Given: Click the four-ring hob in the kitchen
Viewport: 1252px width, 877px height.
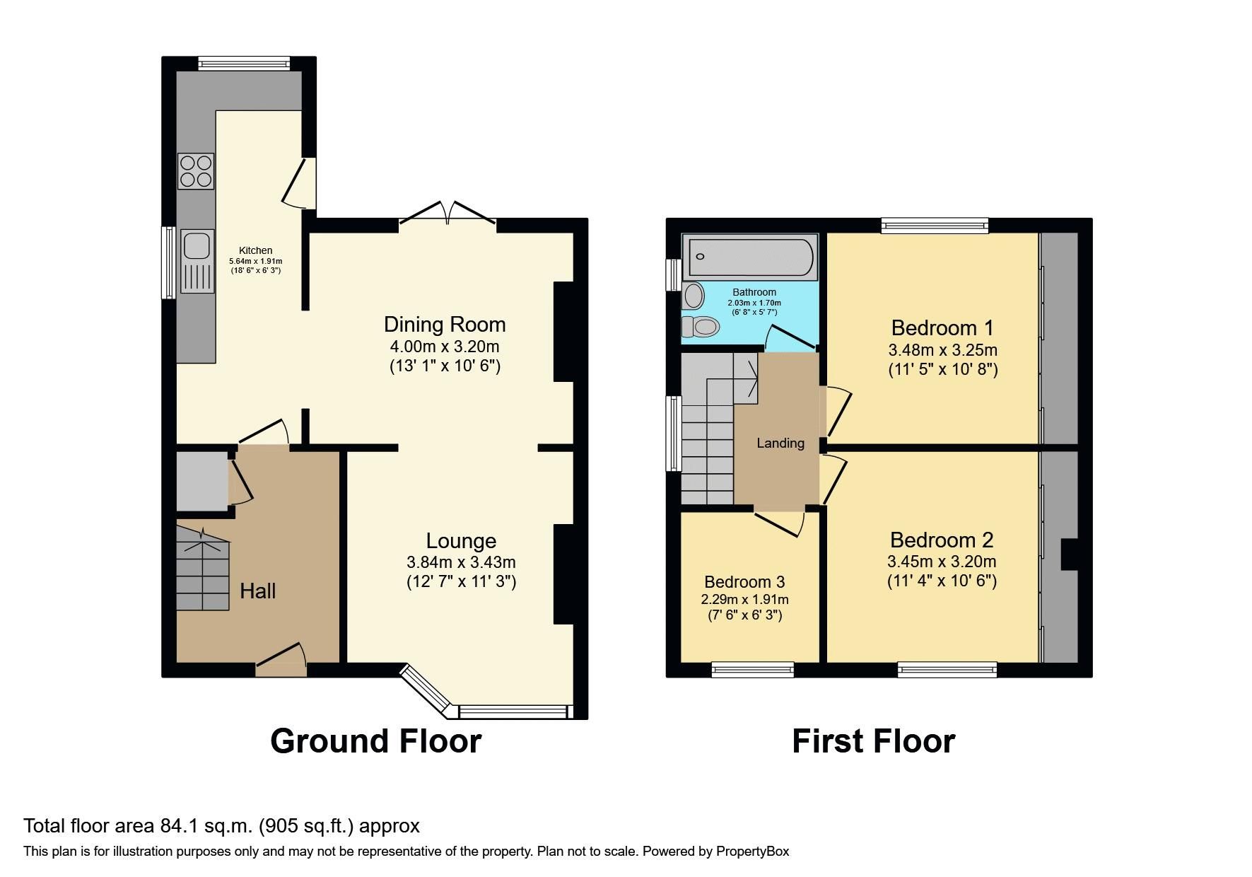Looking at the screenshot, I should coord(196,171).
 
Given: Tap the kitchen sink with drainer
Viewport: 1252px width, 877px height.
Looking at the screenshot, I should coord(197,261).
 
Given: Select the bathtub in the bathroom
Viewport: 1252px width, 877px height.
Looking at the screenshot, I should coord(750,257).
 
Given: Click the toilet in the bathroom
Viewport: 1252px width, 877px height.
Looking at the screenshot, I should coord(701,327).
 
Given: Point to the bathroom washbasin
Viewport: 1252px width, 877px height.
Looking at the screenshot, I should coord(694,296).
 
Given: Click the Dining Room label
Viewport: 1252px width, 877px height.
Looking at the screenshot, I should coord(445,325).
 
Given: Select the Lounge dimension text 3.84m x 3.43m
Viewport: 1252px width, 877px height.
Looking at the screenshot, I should coord(461,563).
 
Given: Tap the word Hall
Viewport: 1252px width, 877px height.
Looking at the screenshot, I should coord(257,591).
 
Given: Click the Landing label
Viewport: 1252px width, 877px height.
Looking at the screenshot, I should coord(780,443).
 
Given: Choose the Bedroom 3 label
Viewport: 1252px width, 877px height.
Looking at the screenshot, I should coord(744,582).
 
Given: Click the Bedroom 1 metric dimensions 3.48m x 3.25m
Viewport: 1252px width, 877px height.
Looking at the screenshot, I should coord(942,350).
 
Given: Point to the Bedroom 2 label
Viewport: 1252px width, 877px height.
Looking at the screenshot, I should coord(942,540).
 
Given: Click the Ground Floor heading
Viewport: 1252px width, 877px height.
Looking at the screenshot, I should coord(376,741).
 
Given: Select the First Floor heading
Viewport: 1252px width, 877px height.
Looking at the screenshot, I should coord(873,741).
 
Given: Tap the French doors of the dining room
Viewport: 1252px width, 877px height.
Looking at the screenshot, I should coord(447,213).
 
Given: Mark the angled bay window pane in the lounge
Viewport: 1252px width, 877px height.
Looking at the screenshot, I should coord(426,688).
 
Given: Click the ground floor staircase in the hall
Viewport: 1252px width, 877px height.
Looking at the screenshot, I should coord(202,569).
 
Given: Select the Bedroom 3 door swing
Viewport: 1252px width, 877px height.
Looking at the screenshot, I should coord(783,523).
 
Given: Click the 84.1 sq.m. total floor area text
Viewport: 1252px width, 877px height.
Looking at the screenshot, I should coord(222,826).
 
